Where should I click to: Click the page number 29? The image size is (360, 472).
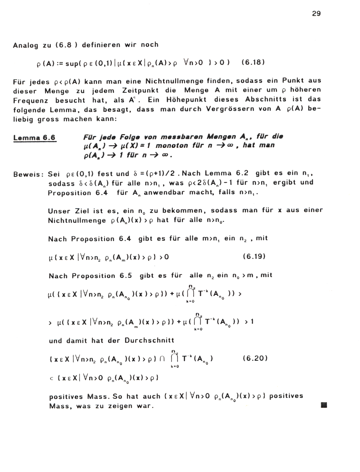[316, 14]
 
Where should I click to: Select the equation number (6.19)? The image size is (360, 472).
[254, 257]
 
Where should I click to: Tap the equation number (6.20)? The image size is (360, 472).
[255, 358]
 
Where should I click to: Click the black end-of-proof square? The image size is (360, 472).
[324, 405]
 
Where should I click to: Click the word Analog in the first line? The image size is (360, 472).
[25, 45]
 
